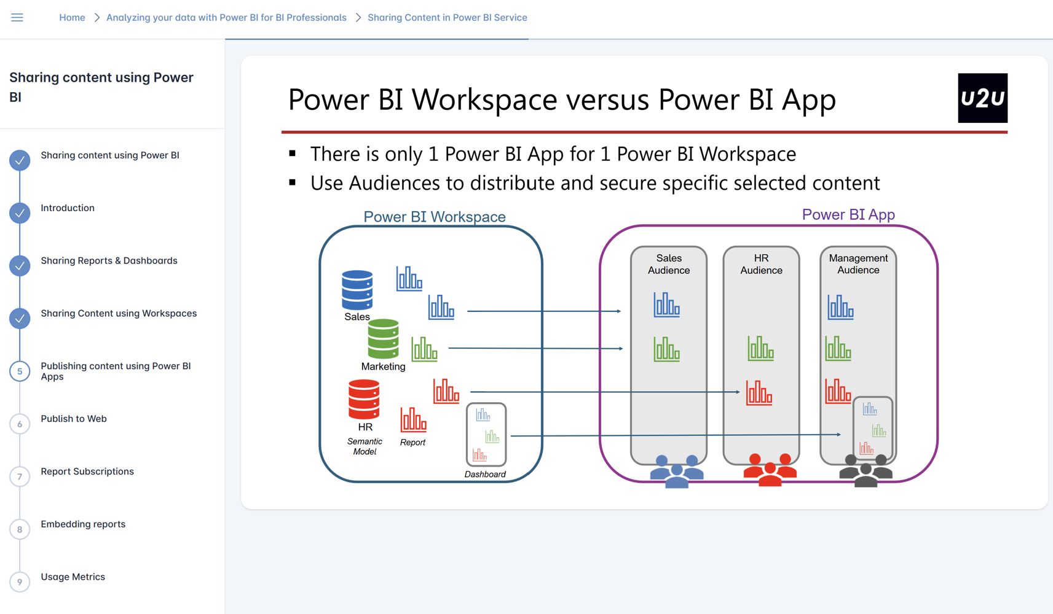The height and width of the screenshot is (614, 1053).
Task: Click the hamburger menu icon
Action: [x=17, y=17]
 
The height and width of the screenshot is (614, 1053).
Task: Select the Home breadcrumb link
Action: [x=72, y=17]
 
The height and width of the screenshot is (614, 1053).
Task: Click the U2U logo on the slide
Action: [x=982, y=98]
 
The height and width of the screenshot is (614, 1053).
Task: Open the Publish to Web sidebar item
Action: [x=74, y=419]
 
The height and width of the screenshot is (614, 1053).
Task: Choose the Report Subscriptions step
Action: [x=87, y=472]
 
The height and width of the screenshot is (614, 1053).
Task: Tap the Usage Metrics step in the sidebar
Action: [x=73, y=577]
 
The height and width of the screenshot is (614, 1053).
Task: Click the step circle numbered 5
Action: [x=20, y=371]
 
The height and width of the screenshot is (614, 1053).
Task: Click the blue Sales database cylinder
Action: [x=357, y=290]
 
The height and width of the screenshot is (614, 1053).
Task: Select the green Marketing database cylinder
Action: [x=383, y=339]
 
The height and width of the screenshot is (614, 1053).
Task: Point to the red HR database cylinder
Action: [x=364, y=399]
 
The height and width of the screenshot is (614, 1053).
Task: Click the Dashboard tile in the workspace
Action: [x=486, y=434]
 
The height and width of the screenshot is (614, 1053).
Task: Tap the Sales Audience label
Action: [x=668, y=264]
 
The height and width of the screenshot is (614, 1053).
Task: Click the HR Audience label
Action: [x=761, y=264]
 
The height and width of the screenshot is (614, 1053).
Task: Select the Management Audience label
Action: [x=858, y=264]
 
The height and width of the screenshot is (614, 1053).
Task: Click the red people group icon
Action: [x=770, y=470]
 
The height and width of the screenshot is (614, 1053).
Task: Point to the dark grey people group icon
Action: [x=866, y=471]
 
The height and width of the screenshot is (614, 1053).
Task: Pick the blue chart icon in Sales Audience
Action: [x=666, y=305]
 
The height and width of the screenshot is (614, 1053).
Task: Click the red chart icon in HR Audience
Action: [x=759, y=392]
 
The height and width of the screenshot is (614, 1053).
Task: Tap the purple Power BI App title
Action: [x=848, y=214]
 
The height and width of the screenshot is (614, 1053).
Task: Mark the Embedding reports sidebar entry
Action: [x=83, y=524]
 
